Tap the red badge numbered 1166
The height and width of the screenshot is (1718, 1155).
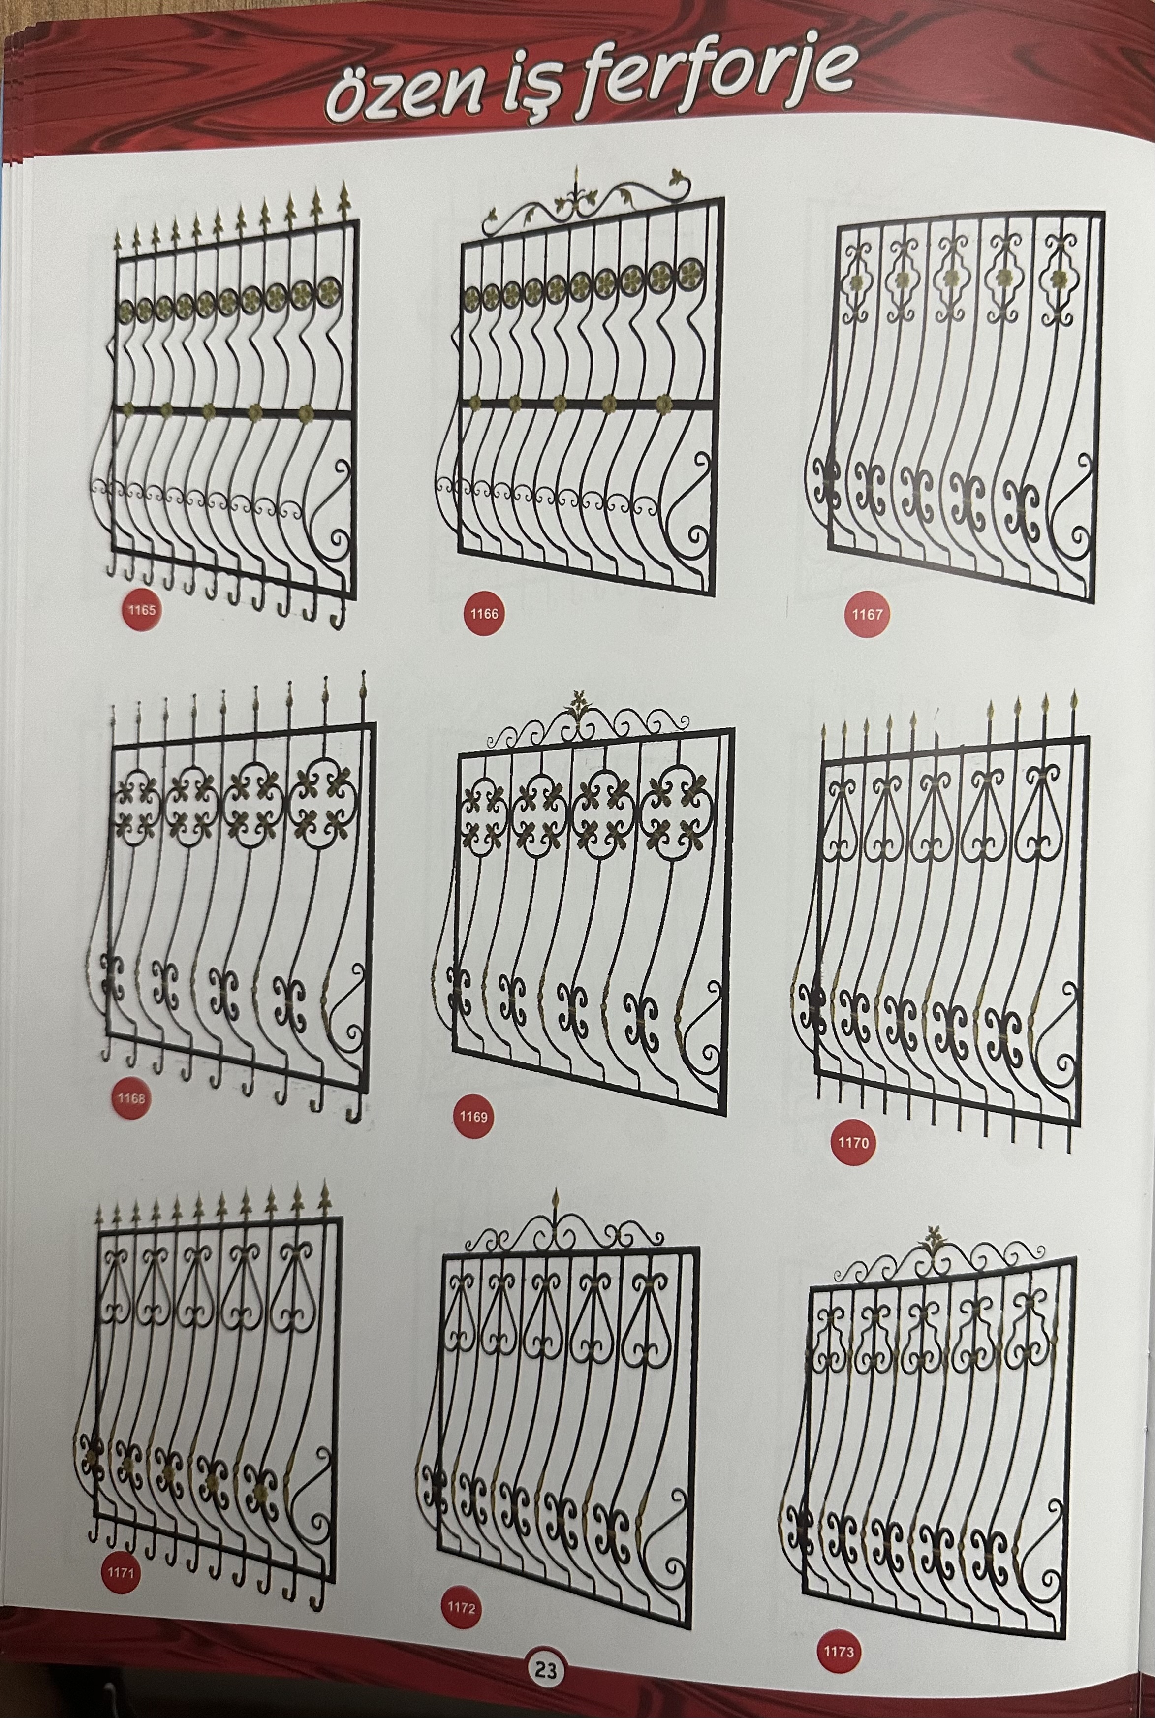point(483,613)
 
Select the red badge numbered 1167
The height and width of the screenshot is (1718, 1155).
point(866,614)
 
